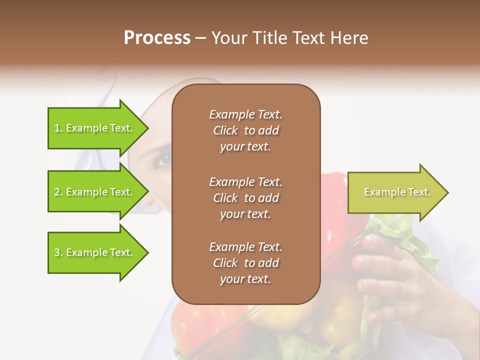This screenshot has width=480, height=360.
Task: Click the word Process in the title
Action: [x=157, y=38]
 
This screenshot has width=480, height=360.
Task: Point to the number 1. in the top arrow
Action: [x=58, y=128]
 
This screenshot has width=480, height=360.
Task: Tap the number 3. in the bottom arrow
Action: [x=58, y=253]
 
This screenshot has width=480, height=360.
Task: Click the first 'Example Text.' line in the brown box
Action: [x=245, y=114]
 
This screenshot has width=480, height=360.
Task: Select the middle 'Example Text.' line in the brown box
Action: [x=245, y=181]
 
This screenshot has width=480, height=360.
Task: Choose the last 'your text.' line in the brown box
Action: [x=245, y=279]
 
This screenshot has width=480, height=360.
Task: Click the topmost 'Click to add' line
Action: [x=245, y=130]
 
